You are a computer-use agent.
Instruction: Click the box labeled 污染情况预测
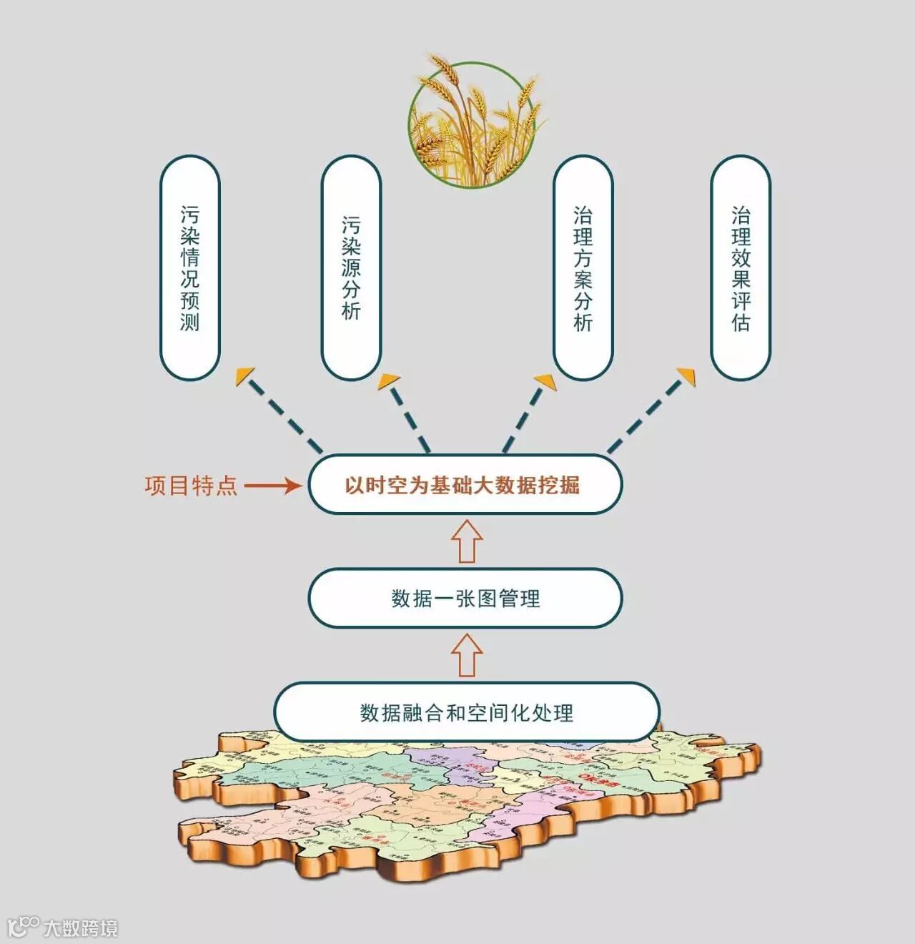189,268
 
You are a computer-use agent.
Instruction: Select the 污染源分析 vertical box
351,268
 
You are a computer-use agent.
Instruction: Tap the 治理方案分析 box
583,268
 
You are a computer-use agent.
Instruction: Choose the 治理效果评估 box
741,268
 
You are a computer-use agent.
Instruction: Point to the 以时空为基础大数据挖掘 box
465,485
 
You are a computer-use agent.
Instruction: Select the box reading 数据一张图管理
465,598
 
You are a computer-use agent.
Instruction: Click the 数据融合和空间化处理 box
466,712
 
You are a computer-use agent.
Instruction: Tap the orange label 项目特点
191,486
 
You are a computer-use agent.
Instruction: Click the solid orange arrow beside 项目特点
273,486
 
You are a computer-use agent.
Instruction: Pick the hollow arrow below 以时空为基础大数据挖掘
467,541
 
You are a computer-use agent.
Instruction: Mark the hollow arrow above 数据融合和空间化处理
467,655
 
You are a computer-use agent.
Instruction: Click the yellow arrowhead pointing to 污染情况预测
245,375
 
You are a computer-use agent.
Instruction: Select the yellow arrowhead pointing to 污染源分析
390,380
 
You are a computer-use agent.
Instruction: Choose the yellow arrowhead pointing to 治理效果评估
686,375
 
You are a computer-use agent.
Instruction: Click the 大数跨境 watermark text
80,928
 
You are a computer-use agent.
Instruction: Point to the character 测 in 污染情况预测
189,321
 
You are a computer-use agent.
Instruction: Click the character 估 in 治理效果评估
741,322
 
